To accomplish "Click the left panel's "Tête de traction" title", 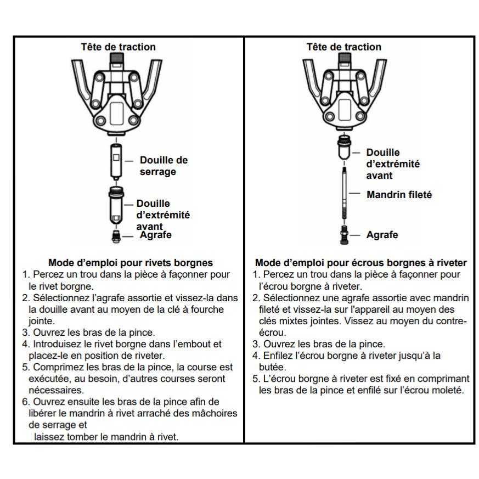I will tap(118, 47).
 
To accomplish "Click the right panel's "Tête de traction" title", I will tap(343, 47).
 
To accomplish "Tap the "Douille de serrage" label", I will tap(164, 166).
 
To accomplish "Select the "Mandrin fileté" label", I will tap(399, 194).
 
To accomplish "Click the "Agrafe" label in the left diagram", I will tap(156, 235).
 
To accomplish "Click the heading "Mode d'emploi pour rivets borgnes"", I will tap(131, 263).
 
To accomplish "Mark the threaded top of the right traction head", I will tap(344, 59).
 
